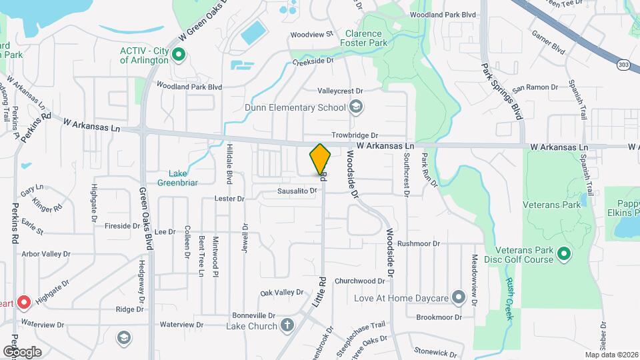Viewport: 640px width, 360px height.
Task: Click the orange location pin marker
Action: (320, 161)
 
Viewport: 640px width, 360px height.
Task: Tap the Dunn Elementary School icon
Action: (356, 107)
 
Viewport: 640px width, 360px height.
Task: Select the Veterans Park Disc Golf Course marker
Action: (564, 254)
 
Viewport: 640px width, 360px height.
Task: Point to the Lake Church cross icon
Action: (287, 325)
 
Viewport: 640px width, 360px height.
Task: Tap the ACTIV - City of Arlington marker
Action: (179, 55)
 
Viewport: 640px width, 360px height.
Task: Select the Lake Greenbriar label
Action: (178, 178)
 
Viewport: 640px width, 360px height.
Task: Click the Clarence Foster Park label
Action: (363, 38)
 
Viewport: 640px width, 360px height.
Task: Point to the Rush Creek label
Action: (510, 298)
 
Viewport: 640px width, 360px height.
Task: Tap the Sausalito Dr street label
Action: (297, 191)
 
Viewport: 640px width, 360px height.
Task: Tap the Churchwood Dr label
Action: (361, 281)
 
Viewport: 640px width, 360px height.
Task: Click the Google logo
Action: (21, 351)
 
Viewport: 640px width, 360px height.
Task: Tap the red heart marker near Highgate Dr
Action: (24, 303)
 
